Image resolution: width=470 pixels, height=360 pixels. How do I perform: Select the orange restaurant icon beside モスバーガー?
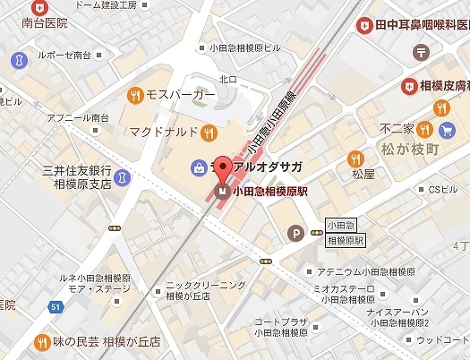135,93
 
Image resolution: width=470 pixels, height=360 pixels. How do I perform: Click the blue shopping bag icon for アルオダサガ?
197,167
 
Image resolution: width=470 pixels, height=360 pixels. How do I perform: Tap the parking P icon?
295,234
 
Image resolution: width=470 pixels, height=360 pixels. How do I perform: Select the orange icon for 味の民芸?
42,342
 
